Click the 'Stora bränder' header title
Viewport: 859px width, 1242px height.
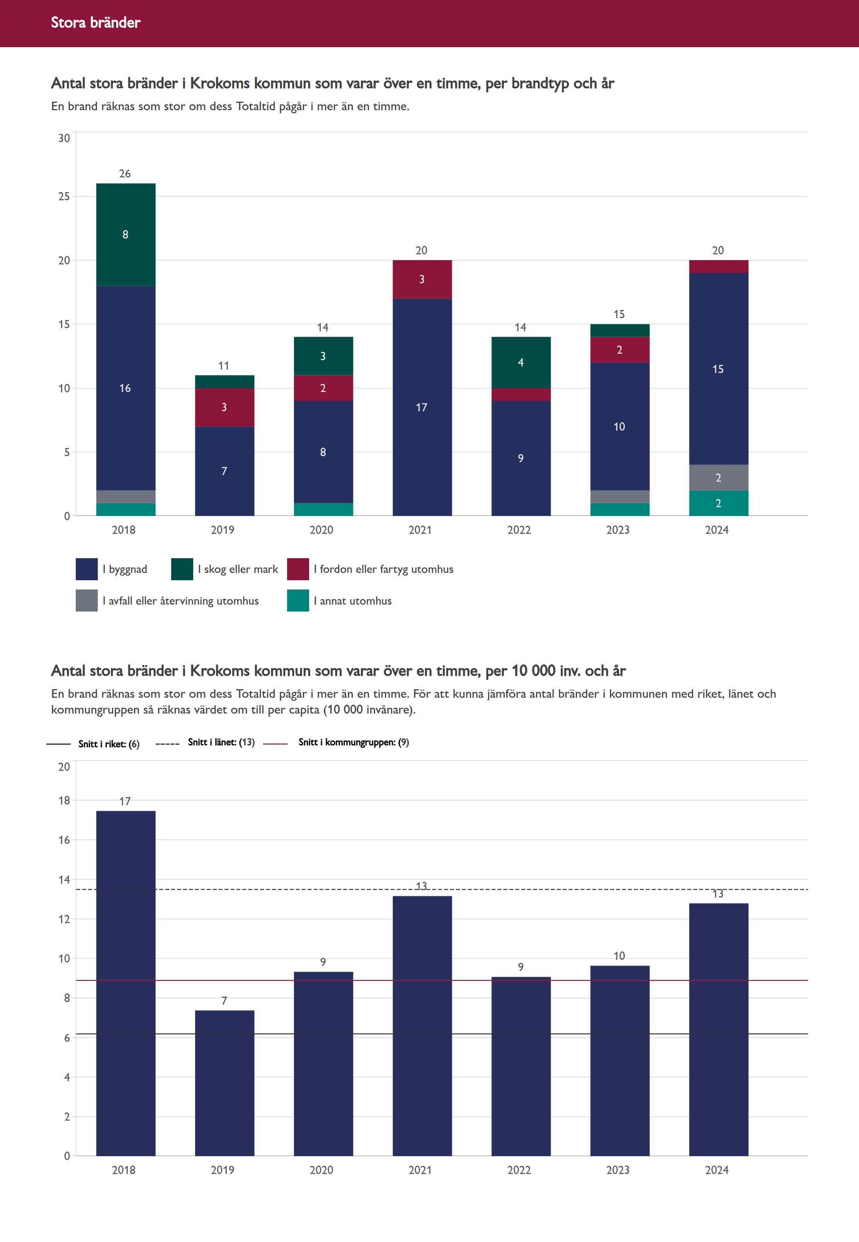tap(95, 22)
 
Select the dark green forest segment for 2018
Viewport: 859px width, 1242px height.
tap(126, 234)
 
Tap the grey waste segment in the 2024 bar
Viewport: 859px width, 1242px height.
tap(718, 477)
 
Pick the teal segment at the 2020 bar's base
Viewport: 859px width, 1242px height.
tap(323, 509)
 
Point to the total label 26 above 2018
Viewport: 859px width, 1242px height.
tap(125, 173)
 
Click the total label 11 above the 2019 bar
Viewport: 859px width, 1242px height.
tap(224, 366)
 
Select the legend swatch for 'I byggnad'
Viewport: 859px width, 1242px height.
tap(87, 569)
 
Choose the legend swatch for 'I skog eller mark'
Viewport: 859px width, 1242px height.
tap(182, 569)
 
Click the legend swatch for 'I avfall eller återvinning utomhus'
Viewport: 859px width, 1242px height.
tap(87, 601)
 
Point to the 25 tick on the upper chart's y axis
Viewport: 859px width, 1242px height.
tap(64, 196)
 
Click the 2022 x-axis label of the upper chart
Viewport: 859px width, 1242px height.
tap(519, 530)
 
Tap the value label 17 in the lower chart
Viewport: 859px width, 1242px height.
tap(125, 801)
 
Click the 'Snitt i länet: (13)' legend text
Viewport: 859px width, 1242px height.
tap(221, 742)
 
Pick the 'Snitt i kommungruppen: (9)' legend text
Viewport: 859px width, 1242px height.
tap(354, 742)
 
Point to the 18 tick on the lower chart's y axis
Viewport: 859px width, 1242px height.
tap(64, 800)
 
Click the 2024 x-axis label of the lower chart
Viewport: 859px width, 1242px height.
tap(717, 1170)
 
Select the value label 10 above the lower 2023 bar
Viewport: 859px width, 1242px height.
tap(619, 956)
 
